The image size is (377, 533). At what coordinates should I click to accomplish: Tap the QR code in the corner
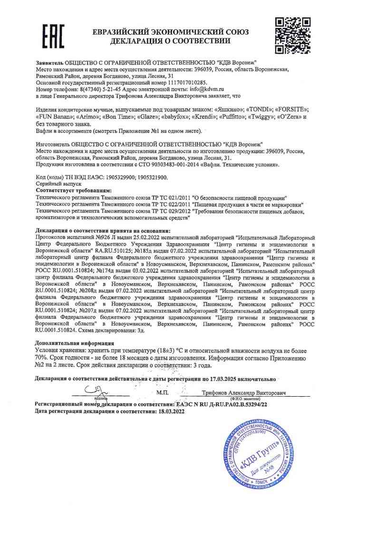coord(293,36)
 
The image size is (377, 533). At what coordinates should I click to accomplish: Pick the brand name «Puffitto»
coord(228,116)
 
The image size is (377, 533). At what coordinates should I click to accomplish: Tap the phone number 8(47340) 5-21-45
coord(92,89)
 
